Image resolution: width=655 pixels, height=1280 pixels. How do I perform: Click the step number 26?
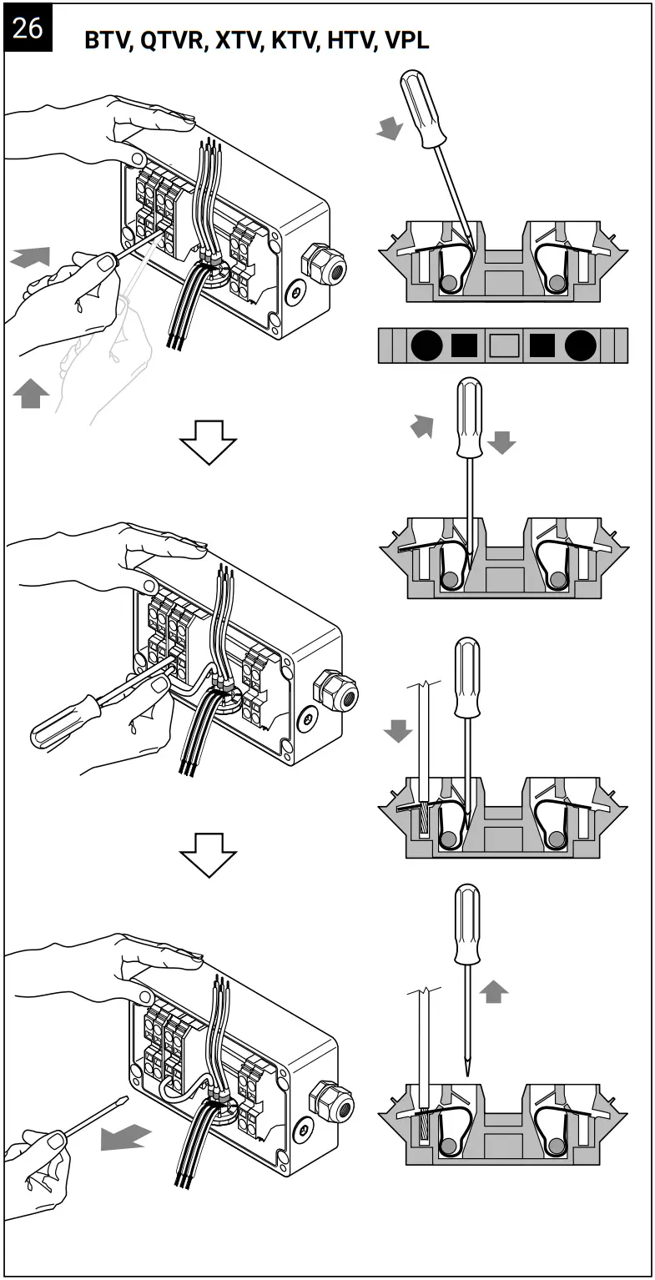[27, 28]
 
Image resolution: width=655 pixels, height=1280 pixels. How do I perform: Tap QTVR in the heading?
[174, 41]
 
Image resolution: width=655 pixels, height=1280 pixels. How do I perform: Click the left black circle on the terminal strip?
[426, 345]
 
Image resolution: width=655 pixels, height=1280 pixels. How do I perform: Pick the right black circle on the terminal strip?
[580, 345]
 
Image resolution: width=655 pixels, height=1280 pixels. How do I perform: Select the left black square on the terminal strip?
[464, 345]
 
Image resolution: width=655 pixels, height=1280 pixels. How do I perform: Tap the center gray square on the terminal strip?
[503, 345]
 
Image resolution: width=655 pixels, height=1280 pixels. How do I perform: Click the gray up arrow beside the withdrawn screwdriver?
[494, 991]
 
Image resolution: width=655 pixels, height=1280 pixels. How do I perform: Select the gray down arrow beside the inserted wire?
[397, 730]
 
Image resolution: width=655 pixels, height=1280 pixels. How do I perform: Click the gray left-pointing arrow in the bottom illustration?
[126, 1136]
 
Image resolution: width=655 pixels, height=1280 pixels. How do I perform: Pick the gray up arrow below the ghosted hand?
[31, 392]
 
